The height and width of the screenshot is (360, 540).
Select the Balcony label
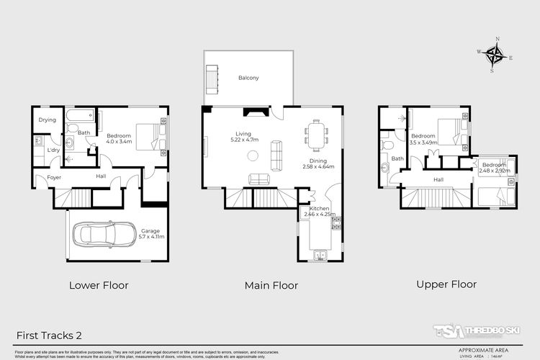(248, 78)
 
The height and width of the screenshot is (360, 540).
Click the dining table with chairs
(316, 134)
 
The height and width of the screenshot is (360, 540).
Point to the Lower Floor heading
(99, 285)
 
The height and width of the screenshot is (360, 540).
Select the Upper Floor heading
(446, 284)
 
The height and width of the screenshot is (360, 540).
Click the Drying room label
(48, 120)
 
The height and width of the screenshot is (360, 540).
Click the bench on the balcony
(212, 77)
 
